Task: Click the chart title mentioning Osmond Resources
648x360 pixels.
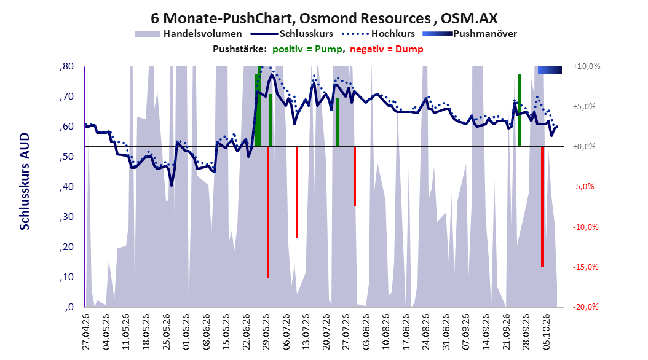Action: pos(324,18)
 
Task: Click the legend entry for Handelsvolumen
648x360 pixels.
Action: pos(188,34)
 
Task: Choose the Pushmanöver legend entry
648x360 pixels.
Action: pos(470,34)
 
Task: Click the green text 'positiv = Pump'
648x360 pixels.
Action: pos(307,49)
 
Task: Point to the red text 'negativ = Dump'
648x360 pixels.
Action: pos(387,49)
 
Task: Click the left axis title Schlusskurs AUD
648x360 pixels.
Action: pos(25,181)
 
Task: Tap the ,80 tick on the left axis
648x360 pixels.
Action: pos(66,66)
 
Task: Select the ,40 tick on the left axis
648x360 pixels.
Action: pos(66,187)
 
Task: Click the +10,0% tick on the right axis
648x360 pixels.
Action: pos(587,66)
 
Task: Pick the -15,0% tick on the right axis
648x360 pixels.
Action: pos(585,267)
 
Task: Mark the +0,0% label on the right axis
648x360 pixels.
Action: pos(584,147)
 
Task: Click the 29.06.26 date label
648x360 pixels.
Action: pos(266,332)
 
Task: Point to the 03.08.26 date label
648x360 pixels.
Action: pos(366,332)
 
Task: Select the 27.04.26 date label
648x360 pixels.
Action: pos(86,332)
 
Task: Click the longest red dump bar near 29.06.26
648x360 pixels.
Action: pos(268,212)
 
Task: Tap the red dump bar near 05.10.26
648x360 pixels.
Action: pos(542,206)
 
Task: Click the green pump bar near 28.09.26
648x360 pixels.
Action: pos(520,110)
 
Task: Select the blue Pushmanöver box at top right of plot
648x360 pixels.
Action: pos(550,70)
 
